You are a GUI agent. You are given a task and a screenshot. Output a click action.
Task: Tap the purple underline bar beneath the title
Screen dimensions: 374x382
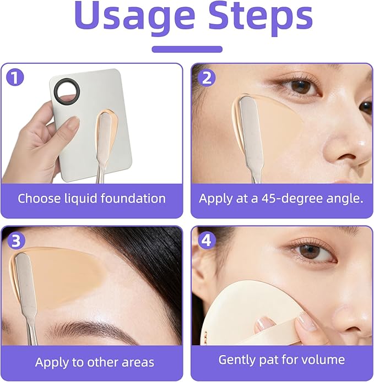pos(187,49)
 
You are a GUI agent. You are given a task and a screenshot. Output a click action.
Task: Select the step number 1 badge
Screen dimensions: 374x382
pos(15,78)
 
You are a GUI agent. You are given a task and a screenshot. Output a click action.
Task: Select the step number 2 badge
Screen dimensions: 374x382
pos(207,78)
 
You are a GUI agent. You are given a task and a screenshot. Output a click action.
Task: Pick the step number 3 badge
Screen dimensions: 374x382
pos(16,241)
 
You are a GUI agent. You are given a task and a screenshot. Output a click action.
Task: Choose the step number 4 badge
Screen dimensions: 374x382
pos(207,241)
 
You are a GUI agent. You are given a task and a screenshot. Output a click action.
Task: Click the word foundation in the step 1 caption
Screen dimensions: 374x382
pos(133,198)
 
